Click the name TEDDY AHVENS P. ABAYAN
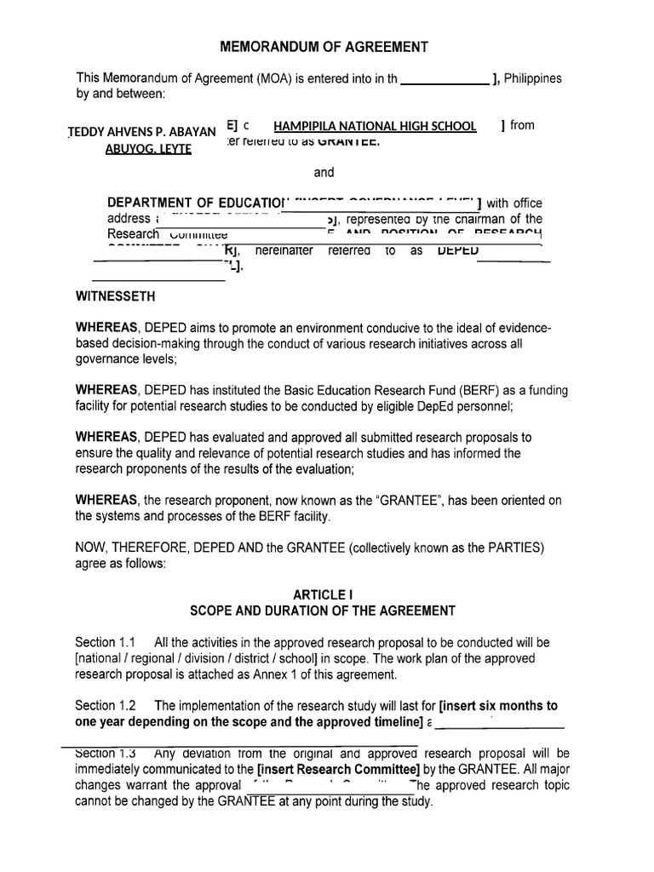point(141,132)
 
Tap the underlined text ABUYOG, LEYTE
point(148,149)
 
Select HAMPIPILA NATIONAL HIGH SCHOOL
point(363,126)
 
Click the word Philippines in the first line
point(533,78)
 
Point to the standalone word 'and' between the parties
point(324,173)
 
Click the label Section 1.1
point(106,642)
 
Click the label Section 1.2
point(106,705)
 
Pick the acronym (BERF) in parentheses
point(480,390)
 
